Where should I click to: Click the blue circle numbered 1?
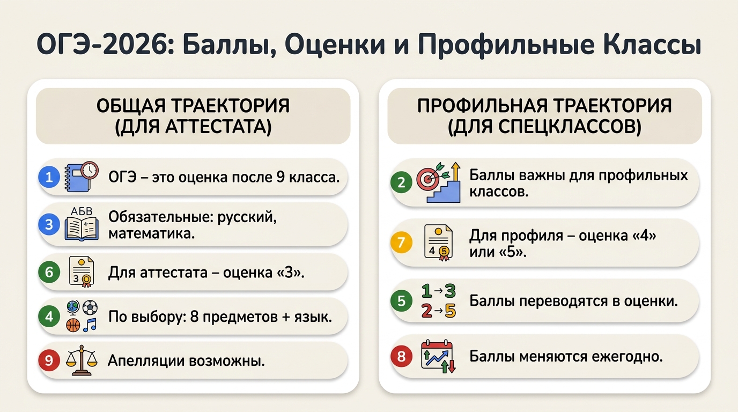(x=49, y=177)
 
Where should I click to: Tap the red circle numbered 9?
(x=49, y=360)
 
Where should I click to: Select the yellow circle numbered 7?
(x=401, y=242)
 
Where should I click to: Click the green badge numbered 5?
(x=401, y=300)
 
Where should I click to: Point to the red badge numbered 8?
(x=401, y=356)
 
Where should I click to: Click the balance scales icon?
(x=82, y=360)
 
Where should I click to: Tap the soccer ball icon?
(x=90, y=307)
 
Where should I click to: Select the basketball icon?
(x=73, y=325)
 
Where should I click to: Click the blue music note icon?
(x=90, y=325)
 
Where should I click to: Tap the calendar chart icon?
(x=438, y=357)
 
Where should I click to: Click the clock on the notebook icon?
(x=90, y=171)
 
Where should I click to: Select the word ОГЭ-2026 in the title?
(x=105, y=45)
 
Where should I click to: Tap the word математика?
(x=152, y=234)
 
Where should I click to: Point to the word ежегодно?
(x=627, y=357)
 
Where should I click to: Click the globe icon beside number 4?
(x=73, y=308)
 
